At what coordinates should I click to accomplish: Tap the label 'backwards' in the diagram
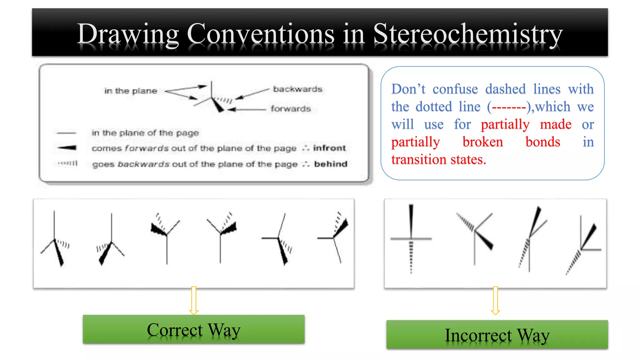click(x=297, y=89)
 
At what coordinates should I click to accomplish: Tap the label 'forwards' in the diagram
click(x=291, y=109)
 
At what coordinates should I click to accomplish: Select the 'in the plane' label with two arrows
click(x=131, y=91)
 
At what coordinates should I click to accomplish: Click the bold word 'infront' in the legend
click(x=329, y=148)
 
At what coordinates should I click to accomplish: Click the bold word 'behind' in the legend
click(x=331, y=164)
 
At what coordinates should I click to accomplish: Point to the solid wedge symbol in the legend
click(x=67, y=147)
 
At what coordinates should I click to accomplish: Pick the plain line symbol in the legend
click(x=66, y=133)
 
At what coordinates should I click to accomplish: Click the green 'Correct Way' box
click(x=193, y=329)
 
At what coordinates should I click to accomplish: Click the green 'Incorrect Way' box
click(x=497, y=334)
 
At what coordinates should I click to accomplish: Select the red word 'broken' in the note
click(x=482, y=142)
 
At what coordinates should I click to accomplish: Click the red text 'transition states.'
click(x=438, y=159)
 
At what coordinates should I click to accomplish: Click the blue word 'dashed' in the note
click(x=505, y=89)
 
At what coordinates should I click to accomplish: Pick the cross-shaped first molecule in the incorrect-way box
click(x=411, y=239)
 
